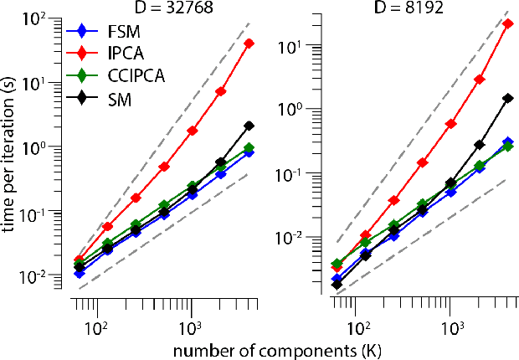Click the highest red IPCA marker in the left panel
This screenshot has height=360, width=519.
tap(249, 43)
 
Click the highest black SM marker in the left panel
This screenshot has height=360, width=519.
tap(249, 126)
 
